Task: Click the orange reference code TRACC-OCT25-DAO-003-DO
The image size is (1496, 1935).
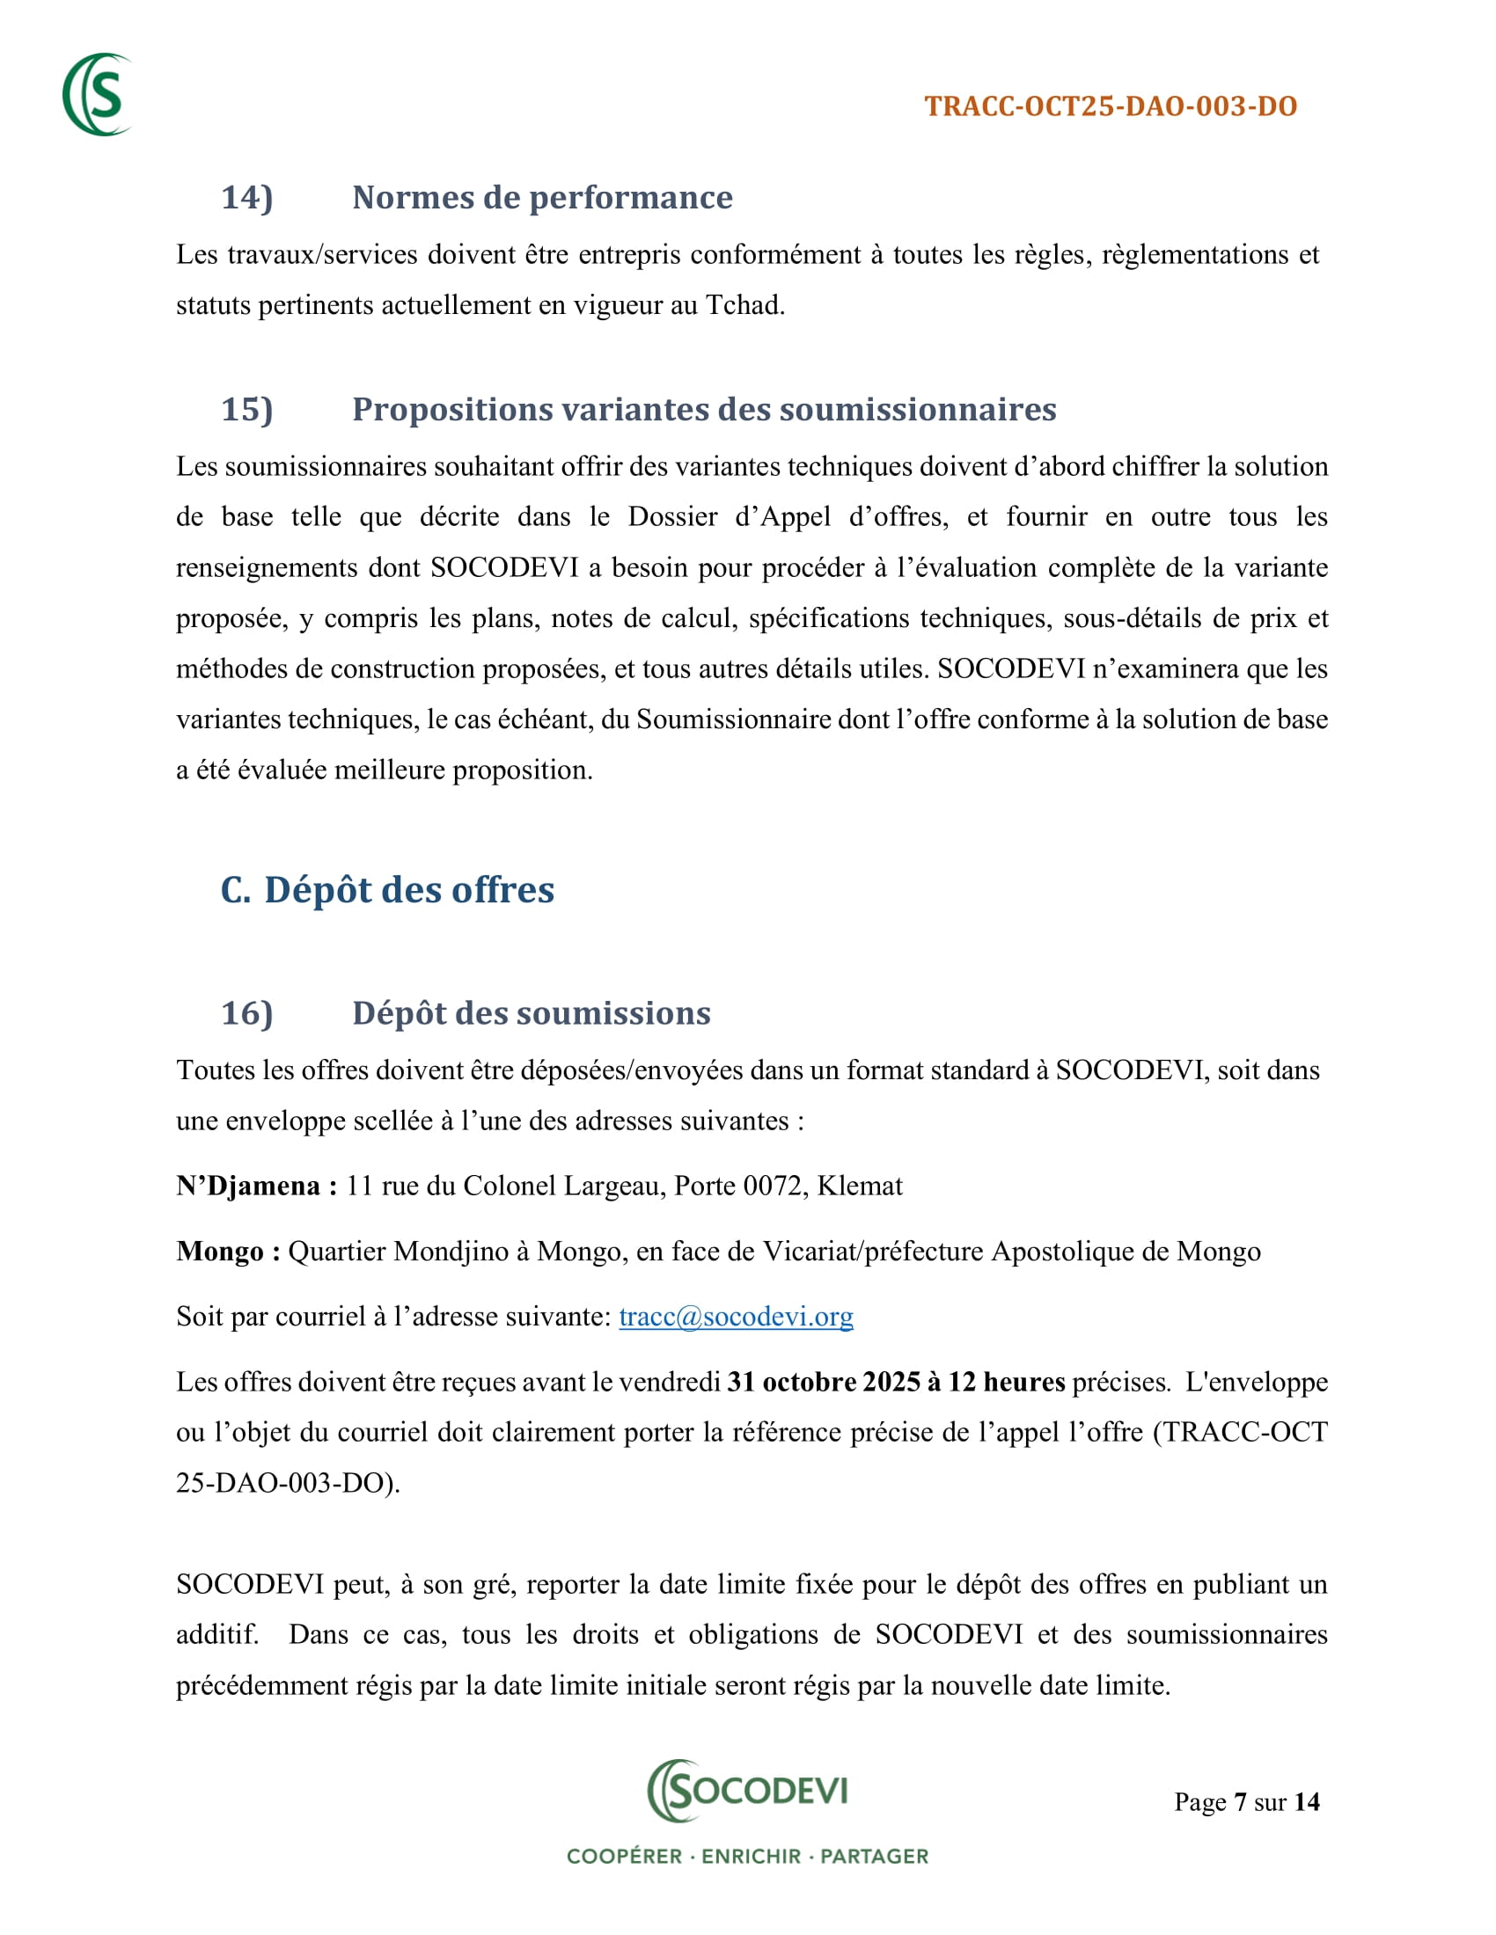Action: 1111,106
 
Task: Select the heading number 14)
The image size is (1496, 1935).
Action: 246,198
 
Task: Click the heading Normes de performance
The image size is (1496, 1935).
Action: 541,198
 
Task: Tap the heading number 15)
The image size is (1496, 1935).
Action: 246,409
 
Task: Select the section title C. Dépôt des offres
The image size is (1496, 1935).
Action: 387,889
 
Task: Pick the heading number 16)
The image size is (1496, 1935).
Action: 246,1012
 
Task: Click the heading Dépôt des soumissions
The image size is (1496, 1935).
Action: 531,1012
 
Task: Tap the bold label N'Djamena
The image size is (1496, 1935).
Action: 256,1186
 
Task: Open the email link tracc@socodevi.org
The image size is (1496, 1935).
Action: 736,1317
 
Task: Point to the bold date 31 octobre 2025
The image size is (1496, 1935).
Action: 824,1381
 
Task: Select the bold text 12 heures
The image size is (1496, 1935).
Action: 1007,1381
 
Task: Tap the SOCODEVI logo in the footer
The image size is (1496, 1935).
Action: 747,1790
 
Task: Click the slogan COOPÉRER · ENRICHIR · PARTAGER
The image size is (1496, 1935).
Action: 747,1856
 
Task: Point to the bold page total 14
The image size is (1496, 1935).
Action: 1306,1802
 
